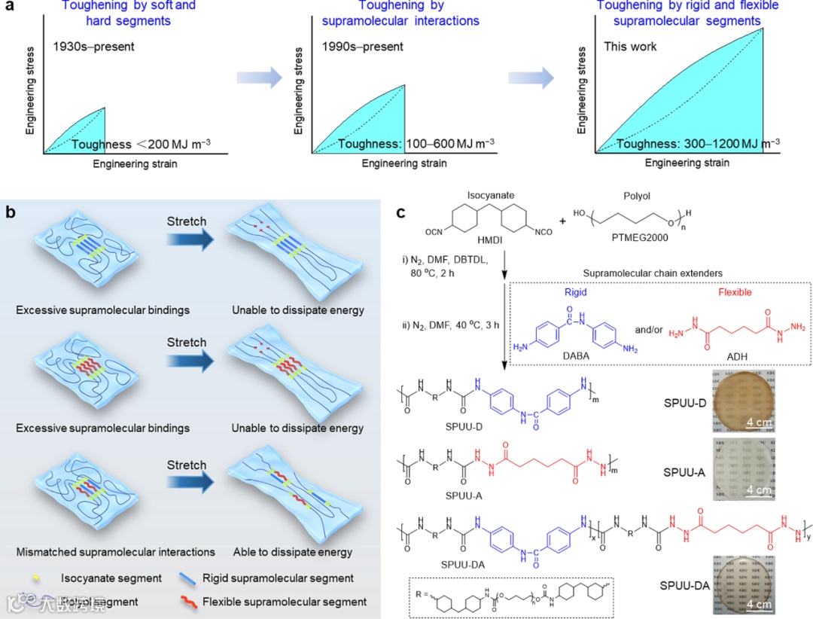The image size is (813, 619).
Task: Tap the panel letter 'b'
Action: pos(11,212)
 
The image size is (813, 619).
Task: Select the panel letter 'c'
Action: pos(402,212)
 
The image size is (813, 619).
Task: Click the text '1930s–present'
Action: pos(94,46)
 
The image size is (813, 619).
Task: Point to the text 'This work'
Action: pos(630,46)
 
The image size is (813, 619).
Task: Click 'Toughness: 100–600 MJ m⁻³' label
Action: pos(416,144)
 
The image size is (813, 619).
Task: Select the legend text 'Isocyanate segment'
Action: pos(111,578)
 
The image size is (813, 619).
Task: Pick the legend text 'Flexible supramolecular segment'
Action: pos(285,602)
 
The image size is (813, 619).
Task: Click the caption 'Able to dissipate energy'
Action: pos(292,552)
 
